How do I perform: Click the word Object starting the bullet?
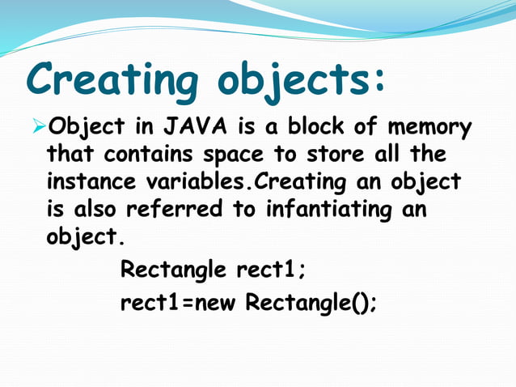click(x=84, y=129)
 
